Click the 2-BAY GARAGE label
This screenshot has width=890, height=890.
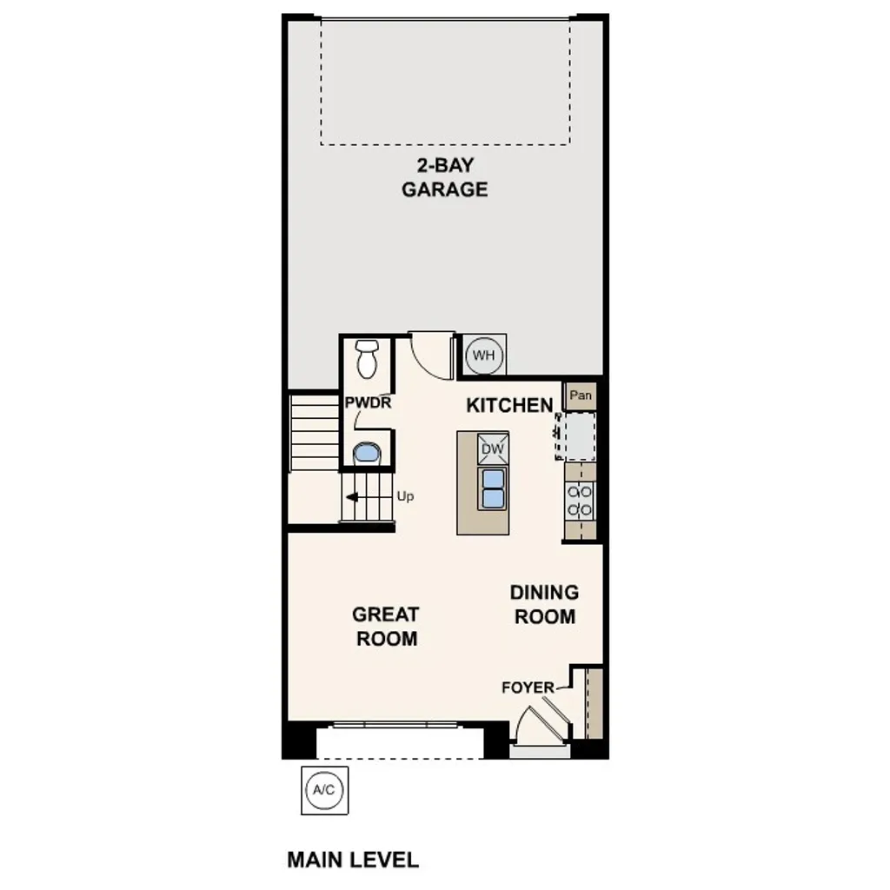[x=444, y=177]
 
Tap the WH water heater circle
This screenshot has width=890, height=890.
[x=483, y=355]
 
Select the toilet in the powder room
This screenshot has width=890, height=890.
[x=367, y=358]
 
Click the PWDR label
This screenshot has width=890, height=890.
[x=368, y=403]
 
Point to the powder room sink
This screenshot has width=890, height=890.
[x=367, y=454]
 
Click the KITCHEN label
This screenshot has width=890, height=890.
[x=509, y=405]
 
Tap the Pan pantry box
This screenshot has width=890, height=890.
[x=581, y=396]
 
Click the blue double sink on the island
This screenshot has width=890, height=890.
[x=493, y=488]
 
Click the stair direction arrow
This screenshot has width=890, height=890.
[x=354, y=497]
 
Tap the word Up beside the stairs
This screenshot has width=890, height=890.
[x=405, y=496]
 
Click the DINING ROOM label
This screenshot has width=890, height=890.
[x=544, y=604]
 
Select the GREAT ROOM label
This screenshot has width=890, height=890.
[x=385, y=626]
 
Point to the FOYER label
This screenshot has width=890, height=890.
[x=528, y=687]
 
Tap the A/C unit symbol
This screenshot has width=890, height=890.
[x=324, y=790]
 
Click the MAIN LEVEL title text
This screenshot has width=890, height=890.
[x=353, y=860]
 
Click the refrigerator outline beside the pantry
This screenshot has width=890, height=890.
[x=578, y=435]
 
